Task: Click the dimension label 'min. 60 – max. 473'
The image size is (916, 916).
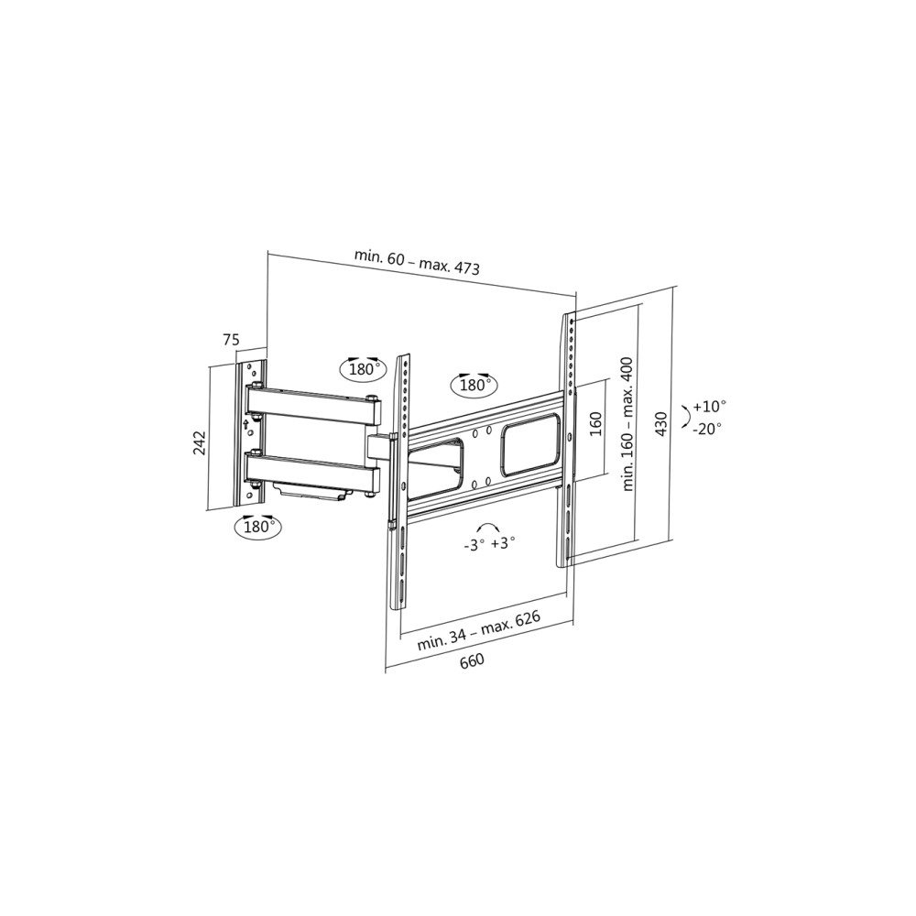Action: tap(417, 262)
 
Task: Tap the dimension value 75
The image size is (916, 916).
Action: tap(230, 340)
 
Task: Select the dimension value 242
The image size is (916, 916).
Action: tap(199, 443)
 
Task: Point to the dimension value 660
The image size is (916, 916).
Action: tap(472, 660)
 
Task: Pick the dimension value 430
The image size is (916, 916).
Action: tap(660, 423)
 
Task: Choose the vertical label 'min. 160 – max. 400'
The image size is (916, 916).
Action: tap(628, 423)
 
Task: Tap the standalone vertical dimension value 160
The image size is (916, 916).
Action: tap(595, 424)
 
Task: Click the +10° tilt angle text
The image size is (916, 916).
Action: tap(709, 406)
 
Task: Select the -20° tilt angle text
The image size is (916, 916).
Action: tap(707, 428)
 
